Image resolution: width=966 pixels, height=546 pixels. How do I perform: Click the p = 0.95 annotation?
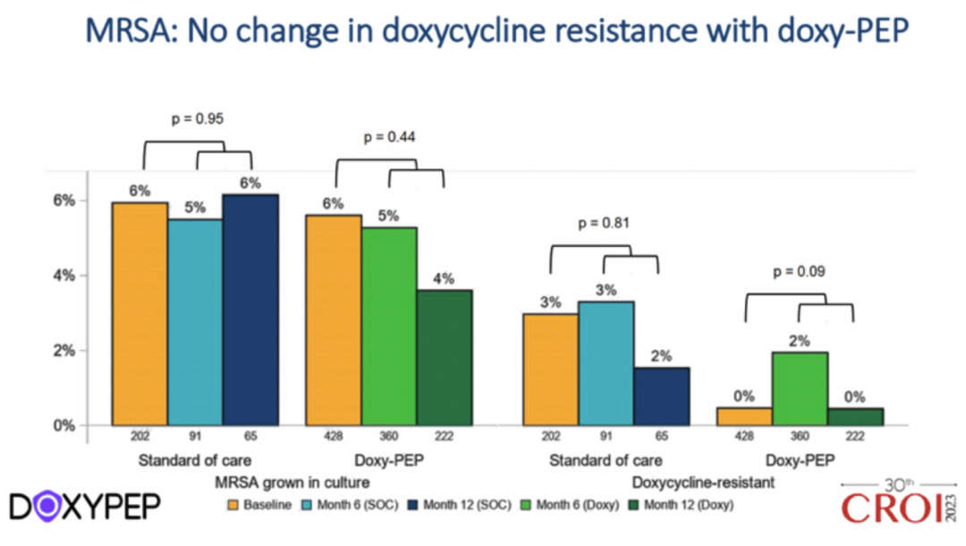[x=197, y=118]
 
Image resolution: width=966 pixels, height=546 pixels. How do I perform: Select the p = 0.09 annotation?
[x=799, y=270]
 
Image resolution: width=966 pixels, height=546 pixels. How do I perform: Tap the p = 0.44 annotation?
[x=389, y=138]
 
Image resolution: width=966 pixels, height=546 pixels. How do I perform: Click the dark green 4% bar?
[x=445, y=357]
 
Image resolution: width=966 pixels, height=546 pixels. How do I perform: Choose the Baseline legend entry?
[x=259, y=505]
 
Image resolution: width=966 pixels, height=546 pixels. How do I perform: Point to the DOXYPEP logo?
[x=85, y=507]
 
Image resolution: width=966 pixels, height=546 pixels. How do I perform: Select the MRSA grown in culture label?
[x=291, y=482]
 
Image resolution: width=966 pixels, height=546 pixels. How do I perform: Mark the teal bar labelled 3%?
[x=606, y=363]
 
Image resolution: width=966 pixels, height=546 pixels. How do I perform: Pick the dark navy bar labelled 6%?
[x=250, y=310]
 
